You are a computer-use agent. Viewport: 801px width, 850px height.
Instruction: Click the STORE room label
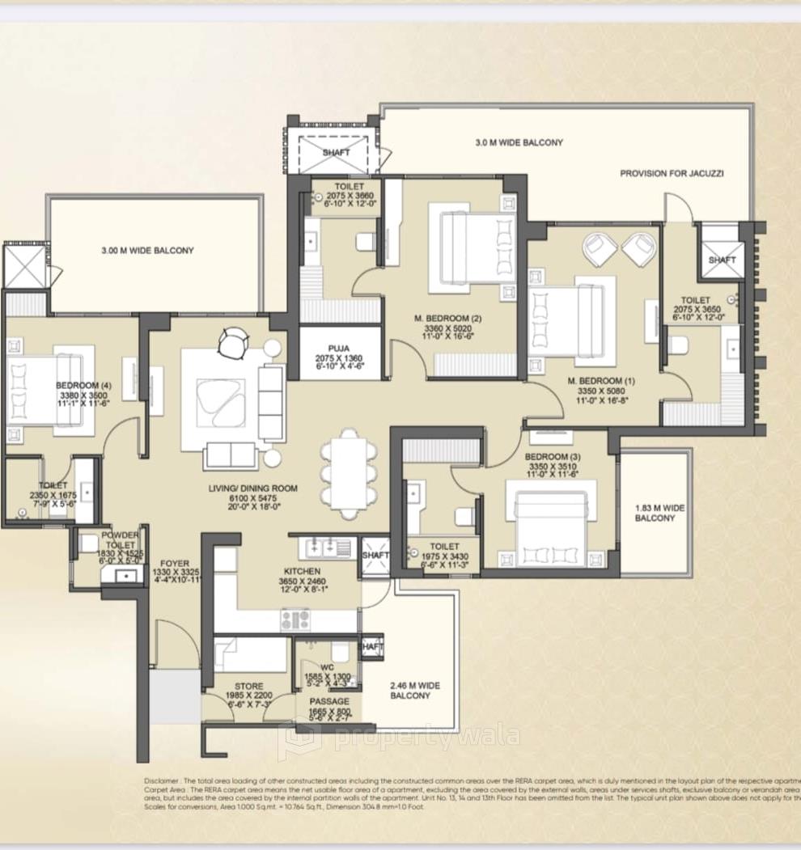(x=248, y=686)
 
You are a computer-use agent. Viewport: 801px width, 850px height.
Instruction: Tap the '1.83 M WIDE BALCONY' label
(x=659, y=513)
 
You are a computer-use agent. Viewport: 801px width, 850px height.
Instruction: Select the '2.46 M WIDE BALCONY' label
(x=416, y=690)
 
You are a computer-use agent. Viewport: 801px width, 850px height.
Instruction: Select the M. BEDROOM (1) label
(x=595, y=381)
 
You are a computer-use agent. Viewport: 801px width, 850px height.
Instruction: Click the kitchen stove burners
(x=296, y=620)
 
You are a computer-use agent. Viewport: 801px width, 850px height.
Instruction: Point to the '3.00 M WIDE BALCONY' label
(x=147, y=251)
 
